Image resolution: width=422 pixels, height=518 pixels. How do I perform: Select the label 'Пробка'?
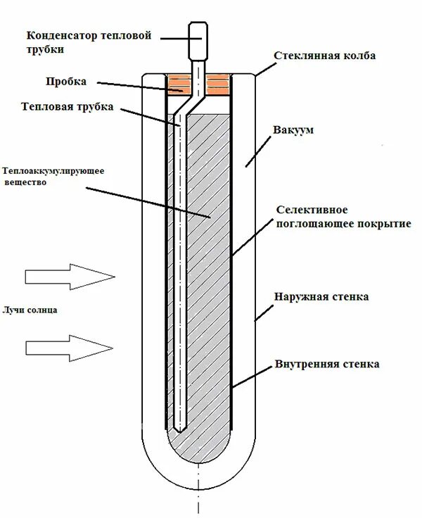[67, 82]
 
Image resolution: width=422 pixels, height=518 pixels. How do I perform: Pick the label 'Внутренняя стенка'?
[328, 365]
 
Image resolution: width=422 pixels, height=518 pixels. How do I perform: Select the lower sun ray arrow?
[68, 346]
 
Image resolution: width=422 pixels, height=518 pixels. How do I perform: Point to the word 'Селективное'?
[308, 210]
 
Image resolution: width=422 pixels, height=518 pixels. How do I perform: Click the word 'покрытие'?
[381, 224]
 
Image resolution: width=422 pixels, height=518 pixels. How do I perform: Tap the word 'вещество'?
[25, 182]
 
